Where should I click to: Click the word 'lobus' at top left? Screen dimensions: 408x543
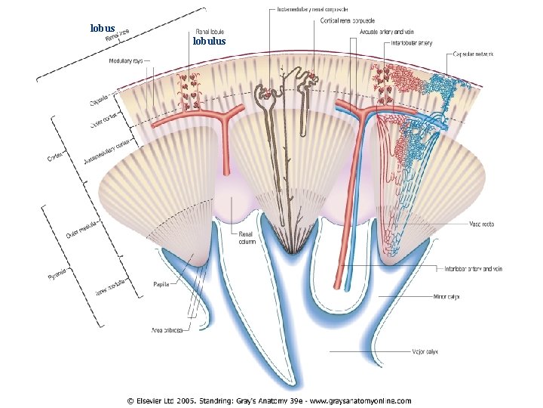click(x=103, y=28)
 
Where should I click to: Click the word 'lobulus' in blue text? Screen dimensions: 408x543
click(x=209, y=42)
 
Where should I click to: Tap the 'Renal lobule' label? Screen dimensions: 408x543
click(x=209, y=32)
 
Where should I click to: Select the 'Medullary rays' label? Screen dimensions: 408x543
click(x=127, y=60)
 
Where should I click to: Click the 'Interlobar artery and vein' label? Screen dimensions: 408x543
click(x=474, y=268)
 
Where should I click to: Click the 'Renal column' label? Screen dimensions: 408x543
click(x=247, y=238)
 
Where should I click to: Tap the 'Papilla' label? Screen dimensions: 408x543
click(x=162, y=285)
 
